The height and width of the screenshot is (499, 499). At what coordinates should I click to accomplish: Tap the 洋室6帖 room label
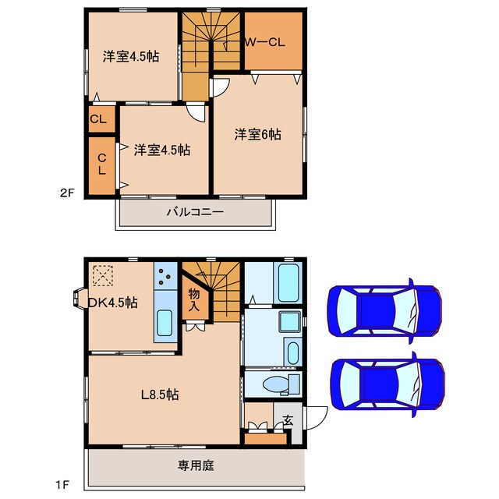258,134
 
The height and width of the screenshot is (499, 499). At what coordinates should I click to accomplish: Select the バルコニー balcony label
195,211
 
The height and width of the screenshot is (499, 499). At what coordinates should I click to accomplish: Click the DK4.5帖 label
112,303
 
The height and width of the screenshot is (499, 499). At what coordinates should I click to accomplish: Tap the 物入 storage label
193,299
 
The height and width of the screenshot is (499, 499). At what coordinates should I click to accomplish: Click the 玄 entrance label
288,420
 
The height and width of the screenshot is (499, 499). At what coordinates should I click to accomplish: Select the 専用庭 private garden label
195,465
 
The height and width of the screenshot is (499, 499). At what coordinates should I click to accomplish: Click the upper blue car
386,310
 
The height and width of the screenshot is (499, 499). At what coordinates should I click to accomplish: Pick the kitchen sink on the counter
165,323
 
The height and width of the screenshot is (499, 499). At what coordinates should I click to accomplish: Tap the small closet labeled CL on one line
98,119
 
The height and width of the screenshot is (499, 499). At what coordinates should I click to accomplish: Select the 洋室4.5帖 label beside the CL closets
161,150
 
